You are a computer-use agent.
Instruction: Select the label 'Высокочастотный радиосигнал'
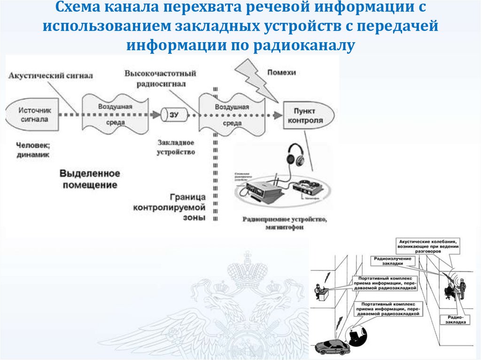pyautogui.click(x=160, y=78)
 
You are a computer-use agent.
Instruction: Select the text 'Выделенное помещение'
pyautogui.click(x=90, y=179)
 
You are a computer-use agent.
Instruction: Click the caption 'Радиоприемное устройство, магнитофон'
pyautogui.click(x=284, y=223)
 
